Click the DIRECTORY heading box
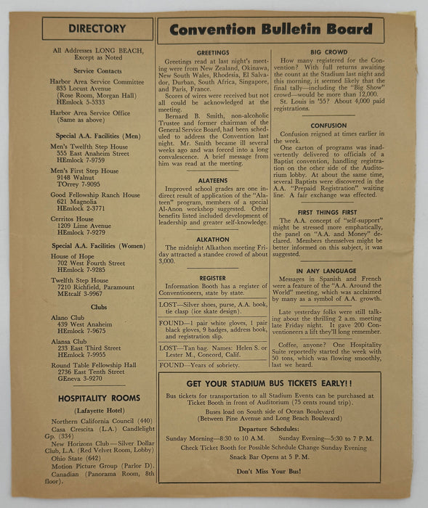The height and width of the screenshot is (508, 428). coord(97,29)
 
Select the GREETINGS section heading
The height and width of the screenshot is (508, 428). coord(211,53)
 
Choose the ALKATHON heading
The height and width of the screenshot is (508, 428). coord(211,239)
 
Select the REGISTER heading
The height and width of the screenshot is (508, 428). coord(211,278)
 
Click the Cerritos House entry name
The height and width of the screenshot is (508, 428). coord(71,218)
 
